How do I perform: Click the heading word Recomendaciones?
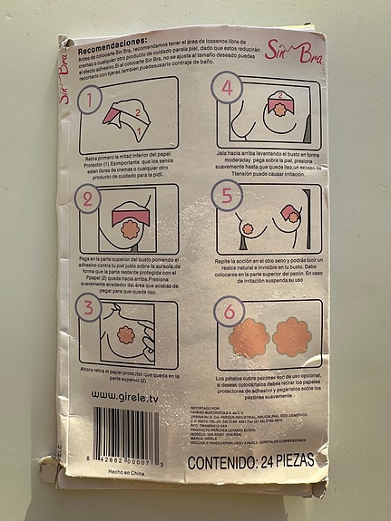pos(112,43)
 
